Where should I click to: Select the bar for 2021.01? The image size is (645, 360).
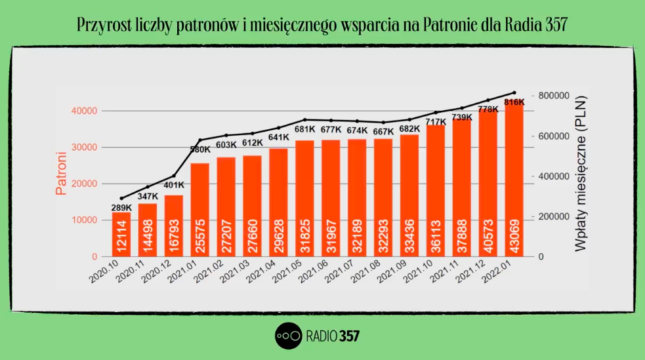(x=199, y=210)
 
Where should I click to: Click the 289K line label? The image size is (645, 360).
(x=121, y=208)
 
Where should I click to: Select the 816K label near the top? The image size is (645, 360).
(x=514, y=102)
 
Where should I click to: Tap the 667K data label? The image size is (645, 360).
(x=383, y=131)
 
